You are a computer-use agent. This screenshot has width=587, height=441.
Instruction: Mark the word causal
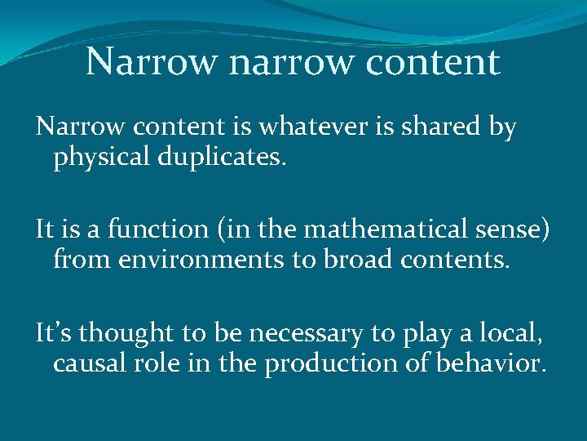93,362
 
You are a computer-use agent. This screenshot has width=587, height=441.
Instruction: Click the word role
166,362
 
